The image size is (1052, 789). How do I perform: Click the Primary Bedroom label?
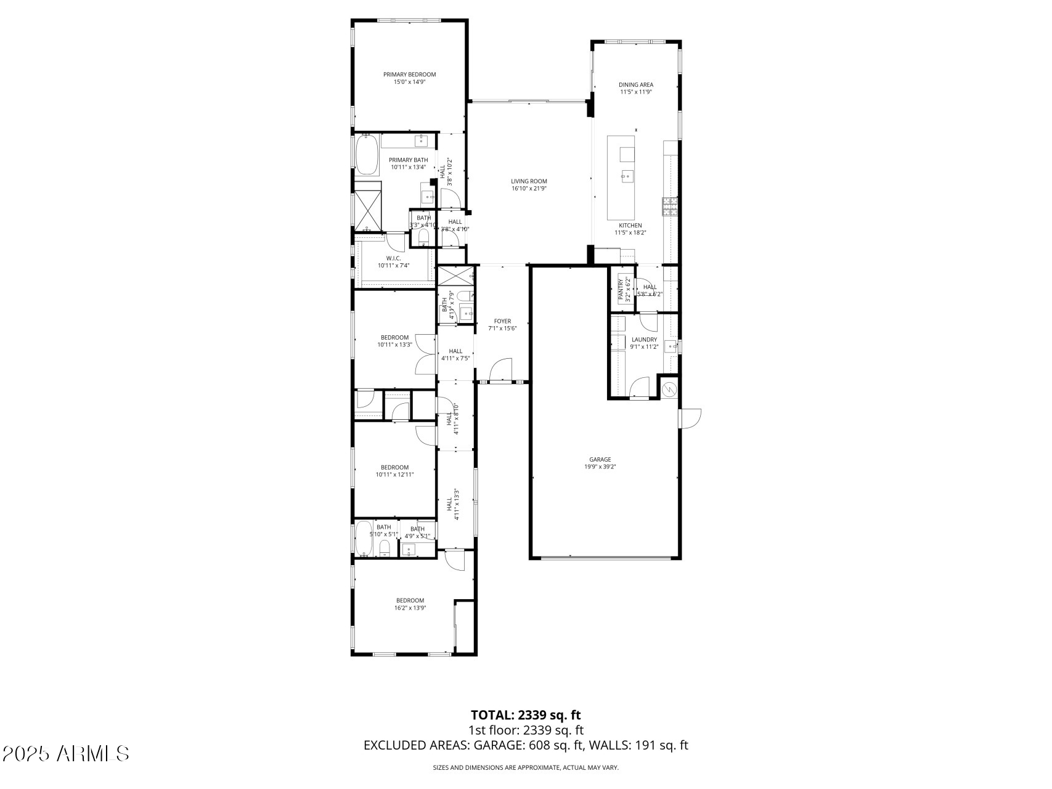click(409, 75)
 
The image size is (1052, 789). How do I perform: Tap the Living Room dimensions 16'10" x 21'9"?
click(529, 189)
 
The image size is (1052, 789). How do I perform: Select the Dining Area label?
click(636, 85)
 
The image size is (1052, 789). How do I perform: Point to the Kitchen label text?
click(630, 226)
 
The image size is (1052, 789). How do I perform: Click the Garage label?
click(600, 459)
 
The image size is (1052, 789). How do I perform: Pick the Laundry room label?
click(644, 340)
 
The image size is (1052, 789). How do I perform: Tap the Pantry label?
click(621, 289)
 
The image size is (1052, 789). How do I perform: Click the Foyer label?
click(502, 321)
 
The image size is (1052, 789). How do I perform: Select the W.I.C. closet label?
click(393, 258)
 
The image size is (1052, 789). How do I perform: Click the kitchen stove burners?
click(670, 206)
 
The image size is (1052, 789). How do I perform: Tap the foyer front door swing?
click(500, 370)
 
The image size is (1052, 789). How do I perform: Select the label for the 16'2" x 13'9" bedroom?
click(410, 600)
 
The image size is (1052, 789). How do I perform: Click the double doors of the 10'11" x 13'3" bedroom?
click(425, 354)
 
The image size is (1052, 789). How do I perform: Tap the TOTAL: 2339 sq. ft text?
click(526, 715)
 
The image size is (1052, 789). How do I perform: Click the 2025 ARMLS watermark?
click(65, 753)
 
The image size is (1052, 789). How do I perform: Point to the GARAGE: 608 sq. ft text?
click(528, 745)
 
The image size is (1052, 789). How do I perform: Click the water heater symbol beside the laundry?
click(669, 390)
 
